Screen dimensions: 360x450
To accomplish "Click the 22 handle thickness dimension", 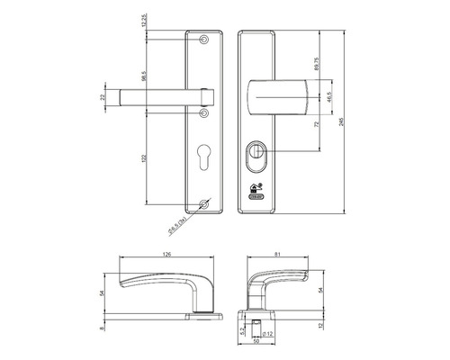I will [103, 97].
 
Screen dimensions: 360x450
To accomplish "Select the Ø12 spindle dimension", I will [268, 335].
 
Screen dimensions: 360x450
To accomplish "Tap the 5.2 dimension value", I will [243, 330].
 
